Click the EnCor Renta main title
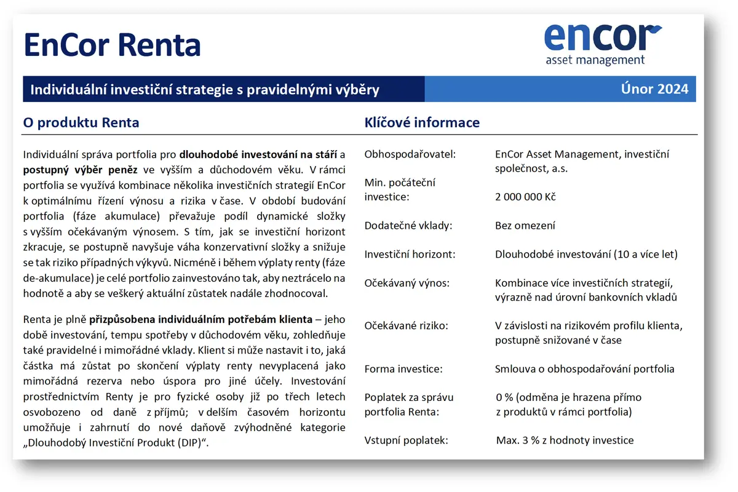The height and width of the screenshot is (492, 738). [112, 45]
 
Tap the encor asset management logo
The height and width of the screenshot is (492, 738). [603, 44]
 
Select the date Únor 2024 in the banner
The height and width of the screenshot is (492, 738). [654, 89]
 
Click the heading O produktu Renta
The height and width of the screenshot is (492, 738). [81, 122]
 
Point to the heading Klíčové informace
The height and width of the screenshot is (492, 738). [422, 122]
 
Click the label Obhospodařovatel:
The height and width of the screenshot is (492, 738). [410, 154]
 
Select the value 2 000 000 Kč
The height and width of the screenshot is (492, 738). [525, 197]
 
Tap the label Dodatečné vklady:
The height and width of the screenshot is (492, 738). [408, 226]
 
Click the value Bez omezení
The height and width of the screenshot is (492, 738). [525, 226]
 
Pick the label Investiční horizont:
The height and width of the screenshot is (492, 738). [410, 255]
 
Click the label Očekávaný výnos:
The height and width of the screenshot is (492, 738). [407, 283]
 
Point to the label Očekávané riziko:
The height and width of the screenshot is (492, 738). [407, 326]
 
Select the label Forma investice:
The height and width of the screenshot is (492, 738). [403, 369]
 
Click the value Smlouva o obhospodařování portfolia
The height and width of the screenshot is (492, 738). [584, 369]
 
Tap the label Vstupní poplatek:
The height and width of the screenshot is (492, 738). [407, 440]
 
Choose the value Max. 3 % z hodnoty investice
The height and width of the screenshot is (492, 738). [565, 440]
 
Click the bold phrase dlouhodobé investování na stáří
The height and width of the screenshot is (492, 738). [258, 154]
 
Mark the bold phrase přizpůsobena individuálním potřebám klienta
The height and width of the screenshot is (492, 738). [200, 320]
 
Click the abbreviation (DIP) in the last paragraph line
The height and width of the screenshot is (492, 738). [189, 443]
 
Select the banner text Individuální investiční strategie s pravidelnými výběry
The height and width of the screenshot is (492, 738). [205, 90]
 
